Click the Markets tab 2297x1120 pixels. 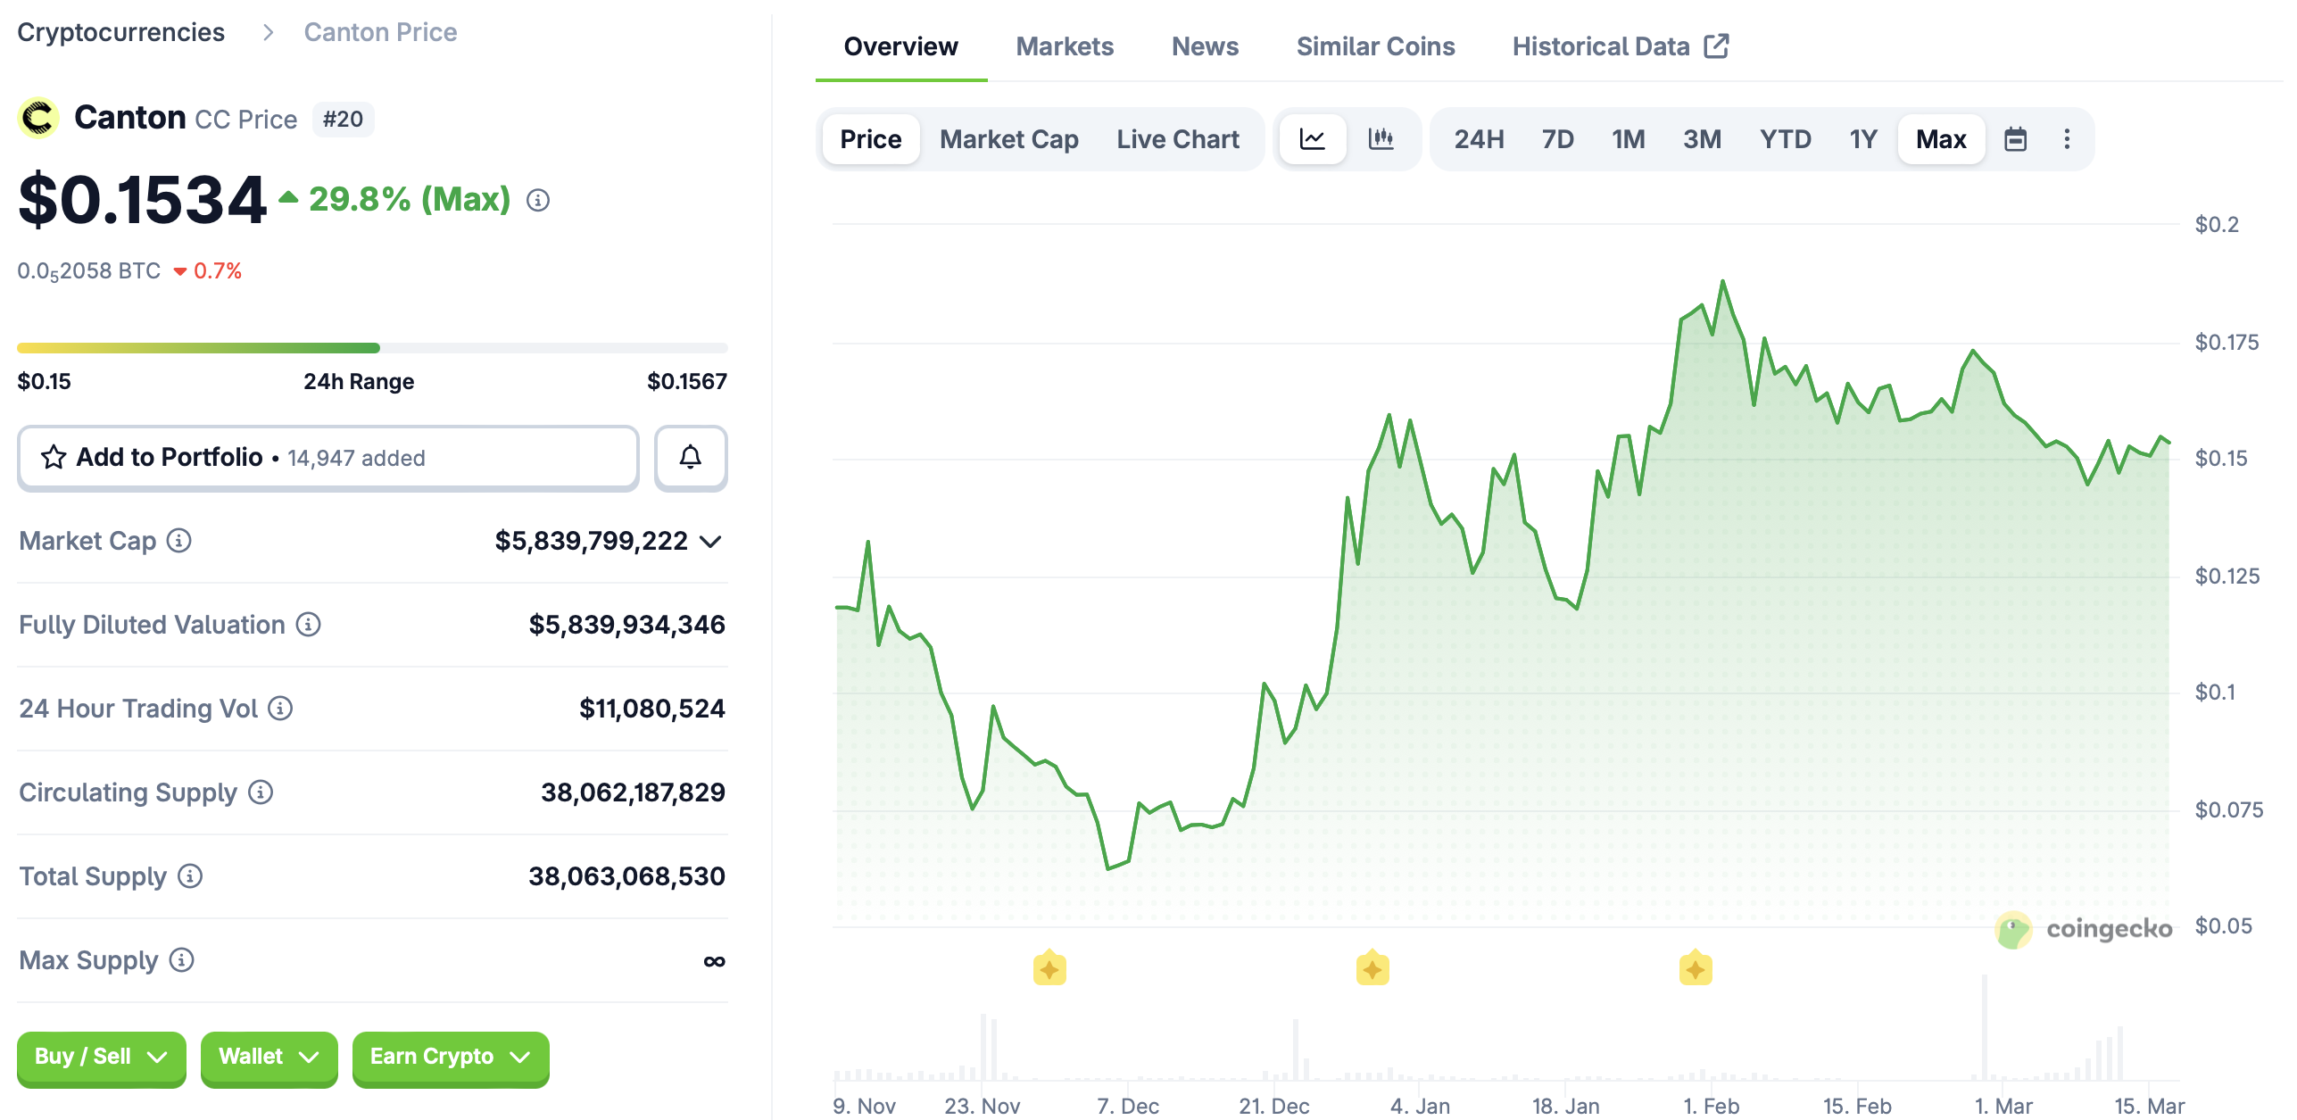(1064, 46)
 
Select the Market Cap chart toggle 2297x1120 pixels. (1008, 139)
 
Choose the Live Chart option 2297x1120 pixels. (1177, 139)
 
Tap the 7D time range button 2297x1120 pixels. (1557, 139)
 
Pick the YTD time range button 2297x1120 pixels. (1785, 139)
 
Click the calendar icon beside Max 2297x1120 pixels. (2015, 139)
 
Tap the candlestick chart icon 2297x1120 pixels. (1381, 139)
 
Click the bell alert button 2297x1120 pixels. (690, 458)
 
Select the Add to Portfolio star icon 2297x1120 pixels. (54, 458)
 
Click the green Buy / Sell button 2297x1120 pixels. (101, 1058)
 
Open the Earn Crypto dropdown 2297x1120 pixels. (450, 1058)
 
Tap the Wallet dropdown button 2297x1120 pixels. (269, 1058)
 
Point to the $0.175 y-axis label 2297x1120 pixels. (2227, 343)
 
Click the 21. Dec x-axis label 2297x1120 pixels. (1273, 1106)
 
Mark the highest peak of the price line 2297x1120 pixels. (1722, 282)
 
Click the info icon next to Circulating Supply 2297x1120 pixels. (261, 792)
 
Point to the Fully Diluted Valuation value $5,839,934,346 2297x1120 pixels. (626, 625)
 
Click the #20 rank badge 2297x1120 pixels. (343, 120)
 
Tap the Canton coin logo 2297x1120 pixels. (38, 118)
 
